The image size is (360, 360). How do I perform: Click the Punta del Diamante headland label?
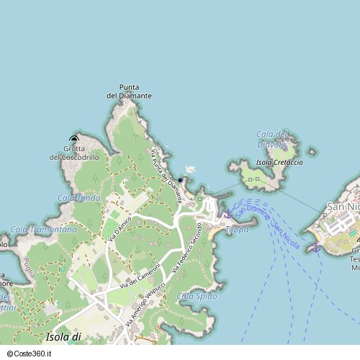130,91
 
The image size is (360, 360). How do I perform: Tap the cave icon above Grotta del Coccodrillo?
74,138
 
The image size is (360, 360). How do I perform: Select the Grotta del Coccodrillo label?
74,153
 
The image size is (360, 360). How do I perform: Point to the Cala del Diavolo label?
272,139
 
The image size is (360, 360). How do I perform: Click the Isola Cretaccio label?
279,163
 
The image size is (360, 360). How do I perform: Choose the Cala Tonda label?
79,198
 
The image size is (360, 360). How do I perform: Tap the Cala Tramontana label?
44,230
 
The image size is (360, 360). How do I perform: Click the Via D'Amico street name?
120,227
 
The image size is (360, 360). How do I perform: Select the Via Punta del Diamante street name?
166,176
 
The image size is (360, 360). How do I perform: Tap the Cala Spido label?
196,296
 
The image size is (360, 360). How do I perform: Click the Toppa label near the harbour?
237,230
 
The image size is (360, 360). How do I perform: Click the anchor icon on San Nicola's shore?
315,248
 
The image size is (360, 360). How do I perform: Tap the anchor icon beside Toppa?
228,214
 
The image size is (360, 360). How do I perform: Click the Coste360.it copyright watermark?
32,354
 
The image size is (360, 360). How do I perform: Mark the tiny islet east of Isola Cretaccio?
311,152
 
